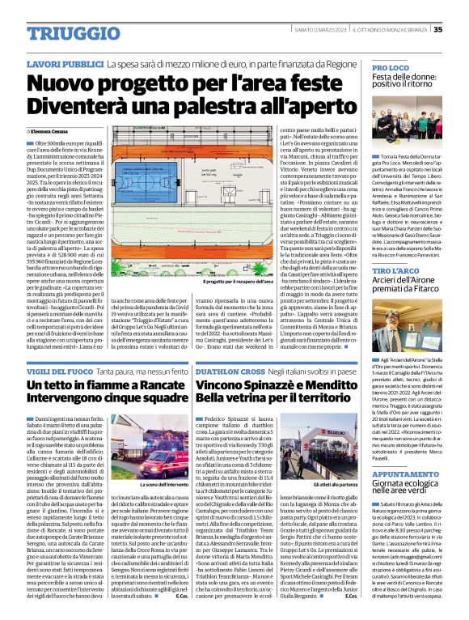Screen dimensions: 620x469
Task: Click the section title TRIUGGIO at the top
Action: click(x=57, y=29)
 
